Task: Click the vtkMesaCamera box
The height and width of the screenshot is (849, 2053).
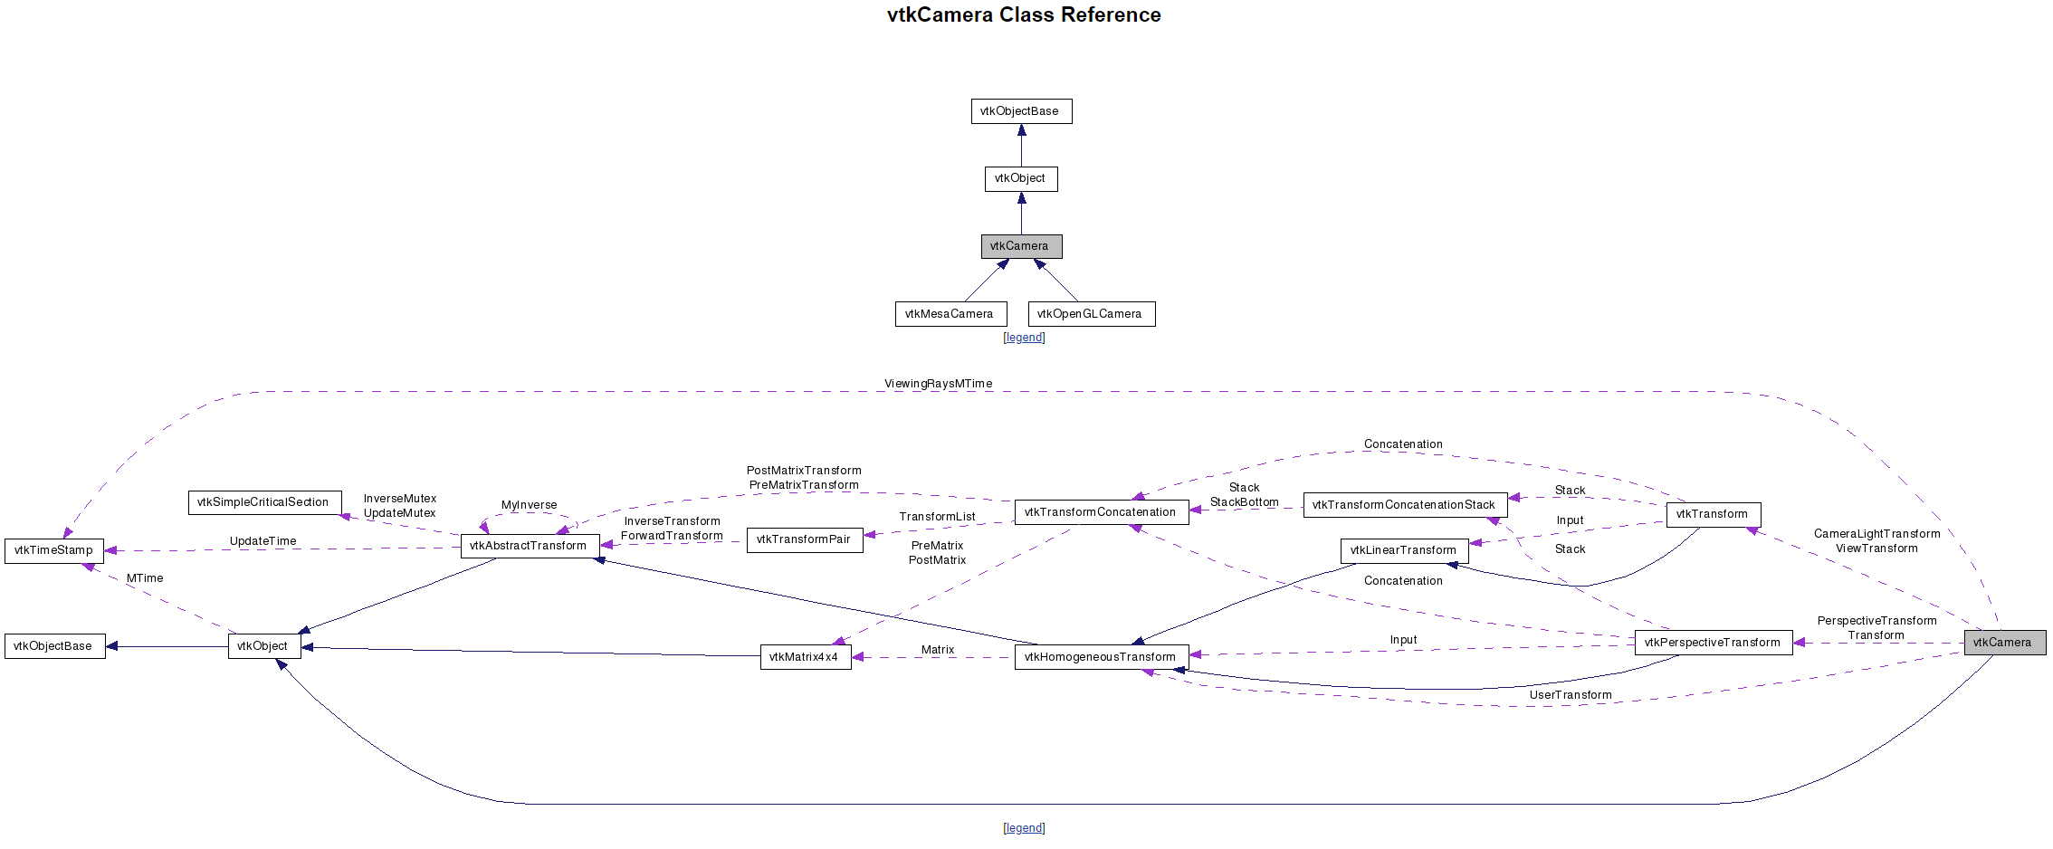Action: pos(950,314)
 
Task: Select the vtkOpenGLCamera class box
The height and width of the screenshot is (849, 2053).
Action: pos(1091,314)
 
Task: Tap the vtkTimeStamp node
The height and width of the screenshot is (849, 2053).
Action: pos(54,550)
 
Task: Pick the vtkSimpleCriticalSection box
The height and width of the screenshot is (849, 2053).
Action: pos(264,502)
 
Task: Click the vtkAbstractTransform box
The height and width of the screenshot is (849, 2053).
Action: pos(530,546)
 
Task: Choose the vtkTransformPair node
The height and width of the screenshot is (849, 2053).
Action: pos(804,539)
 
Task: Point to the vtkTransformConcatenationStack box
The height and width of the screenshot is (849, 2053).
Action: pos(1405,505)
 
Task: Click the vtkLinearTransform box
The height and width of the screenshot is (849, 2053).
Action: pos(1404,550)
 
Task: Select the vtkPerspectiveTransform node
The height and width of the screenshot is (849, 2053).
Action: pos(1713,643)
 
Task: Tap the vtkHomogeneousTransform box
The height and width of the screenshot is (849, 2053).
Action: pos(1101,657)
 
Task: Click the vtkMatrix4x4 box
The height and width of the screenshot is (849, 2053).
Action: pos(805,657)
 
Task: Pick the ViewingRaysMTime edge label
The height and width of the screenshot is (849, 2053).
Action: pos(938,384)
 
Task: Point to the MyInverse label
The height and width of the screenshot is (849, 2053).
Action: pos(530,505)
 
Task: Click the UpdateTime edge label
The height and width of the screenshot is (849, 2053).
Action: pos(263,541)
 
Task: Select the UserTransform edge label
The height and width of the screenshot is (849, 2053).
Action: pos(1571,695)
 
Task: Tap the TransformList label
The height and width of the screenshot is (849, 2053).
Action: pos(937,517)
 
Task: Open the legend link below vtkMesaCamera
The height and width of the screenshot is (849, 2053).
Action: pos(1024,338)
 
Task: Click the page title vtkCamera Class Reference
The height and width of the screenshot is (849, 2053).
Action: pos(1024,15)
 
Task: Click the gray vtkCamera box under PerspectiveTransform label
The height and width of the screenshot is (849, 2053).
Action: pos(2004,643)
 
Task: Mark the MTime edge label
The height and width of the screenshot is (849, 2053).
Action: pos(145,578)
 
